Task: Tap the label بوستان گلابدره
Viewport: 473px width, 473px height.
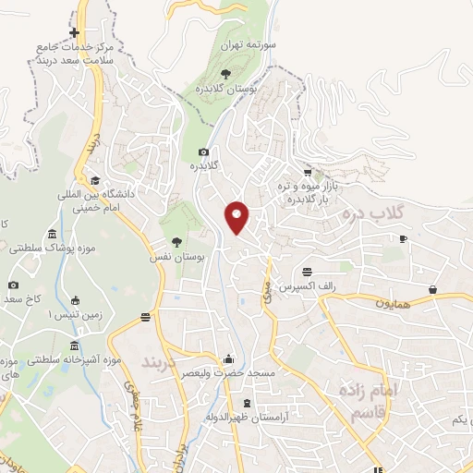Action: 227,88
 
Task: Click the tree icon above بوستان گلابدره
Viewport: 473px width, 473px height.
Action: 226,71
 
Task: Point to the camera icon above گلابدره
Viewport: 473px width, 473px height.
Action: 203,152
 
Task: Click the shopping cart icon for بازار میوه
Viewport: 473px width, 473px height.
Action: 308,172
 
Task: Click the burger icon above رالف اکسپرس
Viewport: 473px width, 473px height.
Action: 307,272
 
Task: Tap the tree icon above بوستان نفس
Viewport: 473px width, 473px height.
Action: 176,242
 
